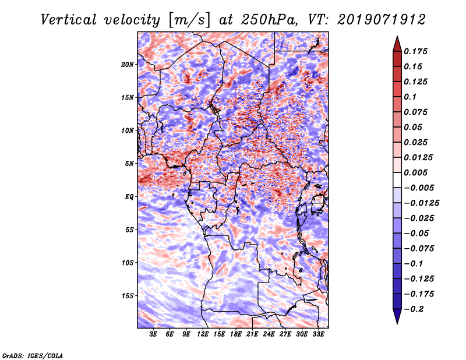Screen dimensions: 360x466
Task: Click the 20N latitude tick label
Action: point(128,64)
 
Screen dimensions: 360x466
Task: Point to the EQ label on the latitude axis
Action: point(129,196)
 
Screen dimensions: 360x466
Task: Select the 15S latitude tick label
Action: point(128,295)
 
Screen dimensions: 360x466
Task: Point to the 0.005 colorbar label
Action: point(418,172)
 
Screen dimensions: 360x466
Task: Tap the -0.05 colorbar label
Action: point(418,233)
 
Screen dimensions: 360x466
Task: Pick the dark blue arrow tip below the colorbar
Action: point(397,317)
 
